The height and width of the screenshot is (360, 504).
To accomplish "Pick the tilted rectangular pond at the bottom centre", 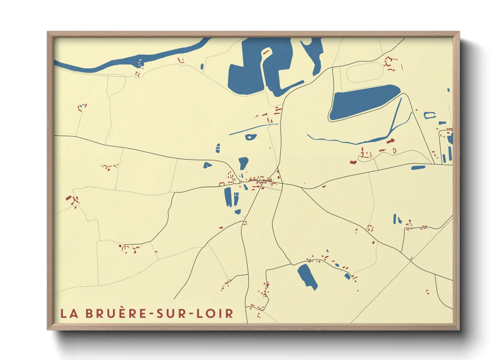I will tap(307, 276).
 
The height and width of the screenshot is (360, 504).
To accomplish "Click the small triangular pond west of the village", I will tap(207, 165).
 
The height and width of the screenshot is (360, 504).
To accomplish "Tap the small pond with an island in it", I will tap(251, 137).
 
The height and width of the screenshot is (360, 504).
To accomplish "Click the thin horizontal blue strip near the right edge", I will tap(418, 167).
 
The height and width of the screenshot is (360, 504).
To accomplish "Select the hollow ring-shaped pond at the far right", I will tap(429, 115).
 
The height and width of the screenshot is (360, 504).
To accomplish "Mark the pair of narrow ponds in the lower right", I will tap(397, 219).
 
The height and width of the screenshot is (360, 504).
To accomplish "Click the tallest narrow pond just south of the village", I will tap(227, 197).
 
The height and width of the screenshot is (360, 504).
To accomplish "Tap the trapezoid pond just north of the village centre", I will tap(243, 163).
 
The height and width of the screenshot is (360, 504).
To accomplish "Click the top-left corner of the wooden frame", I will tap(48, 32).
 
